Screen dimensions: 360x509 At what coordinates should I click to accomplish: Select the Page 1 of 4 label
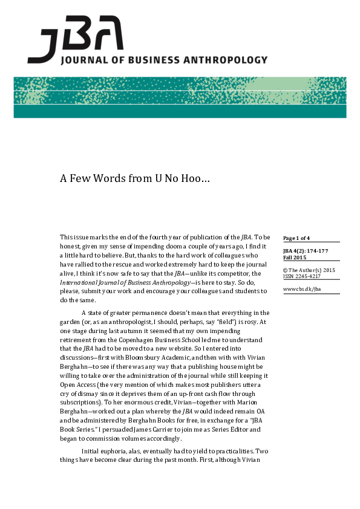(296, 238)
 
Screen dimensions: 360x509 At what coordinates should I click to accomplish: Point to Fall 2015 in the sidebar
(295, 258)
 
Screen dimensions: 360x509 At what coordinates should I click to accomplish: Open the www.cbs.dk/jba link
(301, 289)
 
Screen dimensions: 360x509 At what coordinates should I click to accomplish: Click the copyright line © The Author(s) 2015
(309, 270)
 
